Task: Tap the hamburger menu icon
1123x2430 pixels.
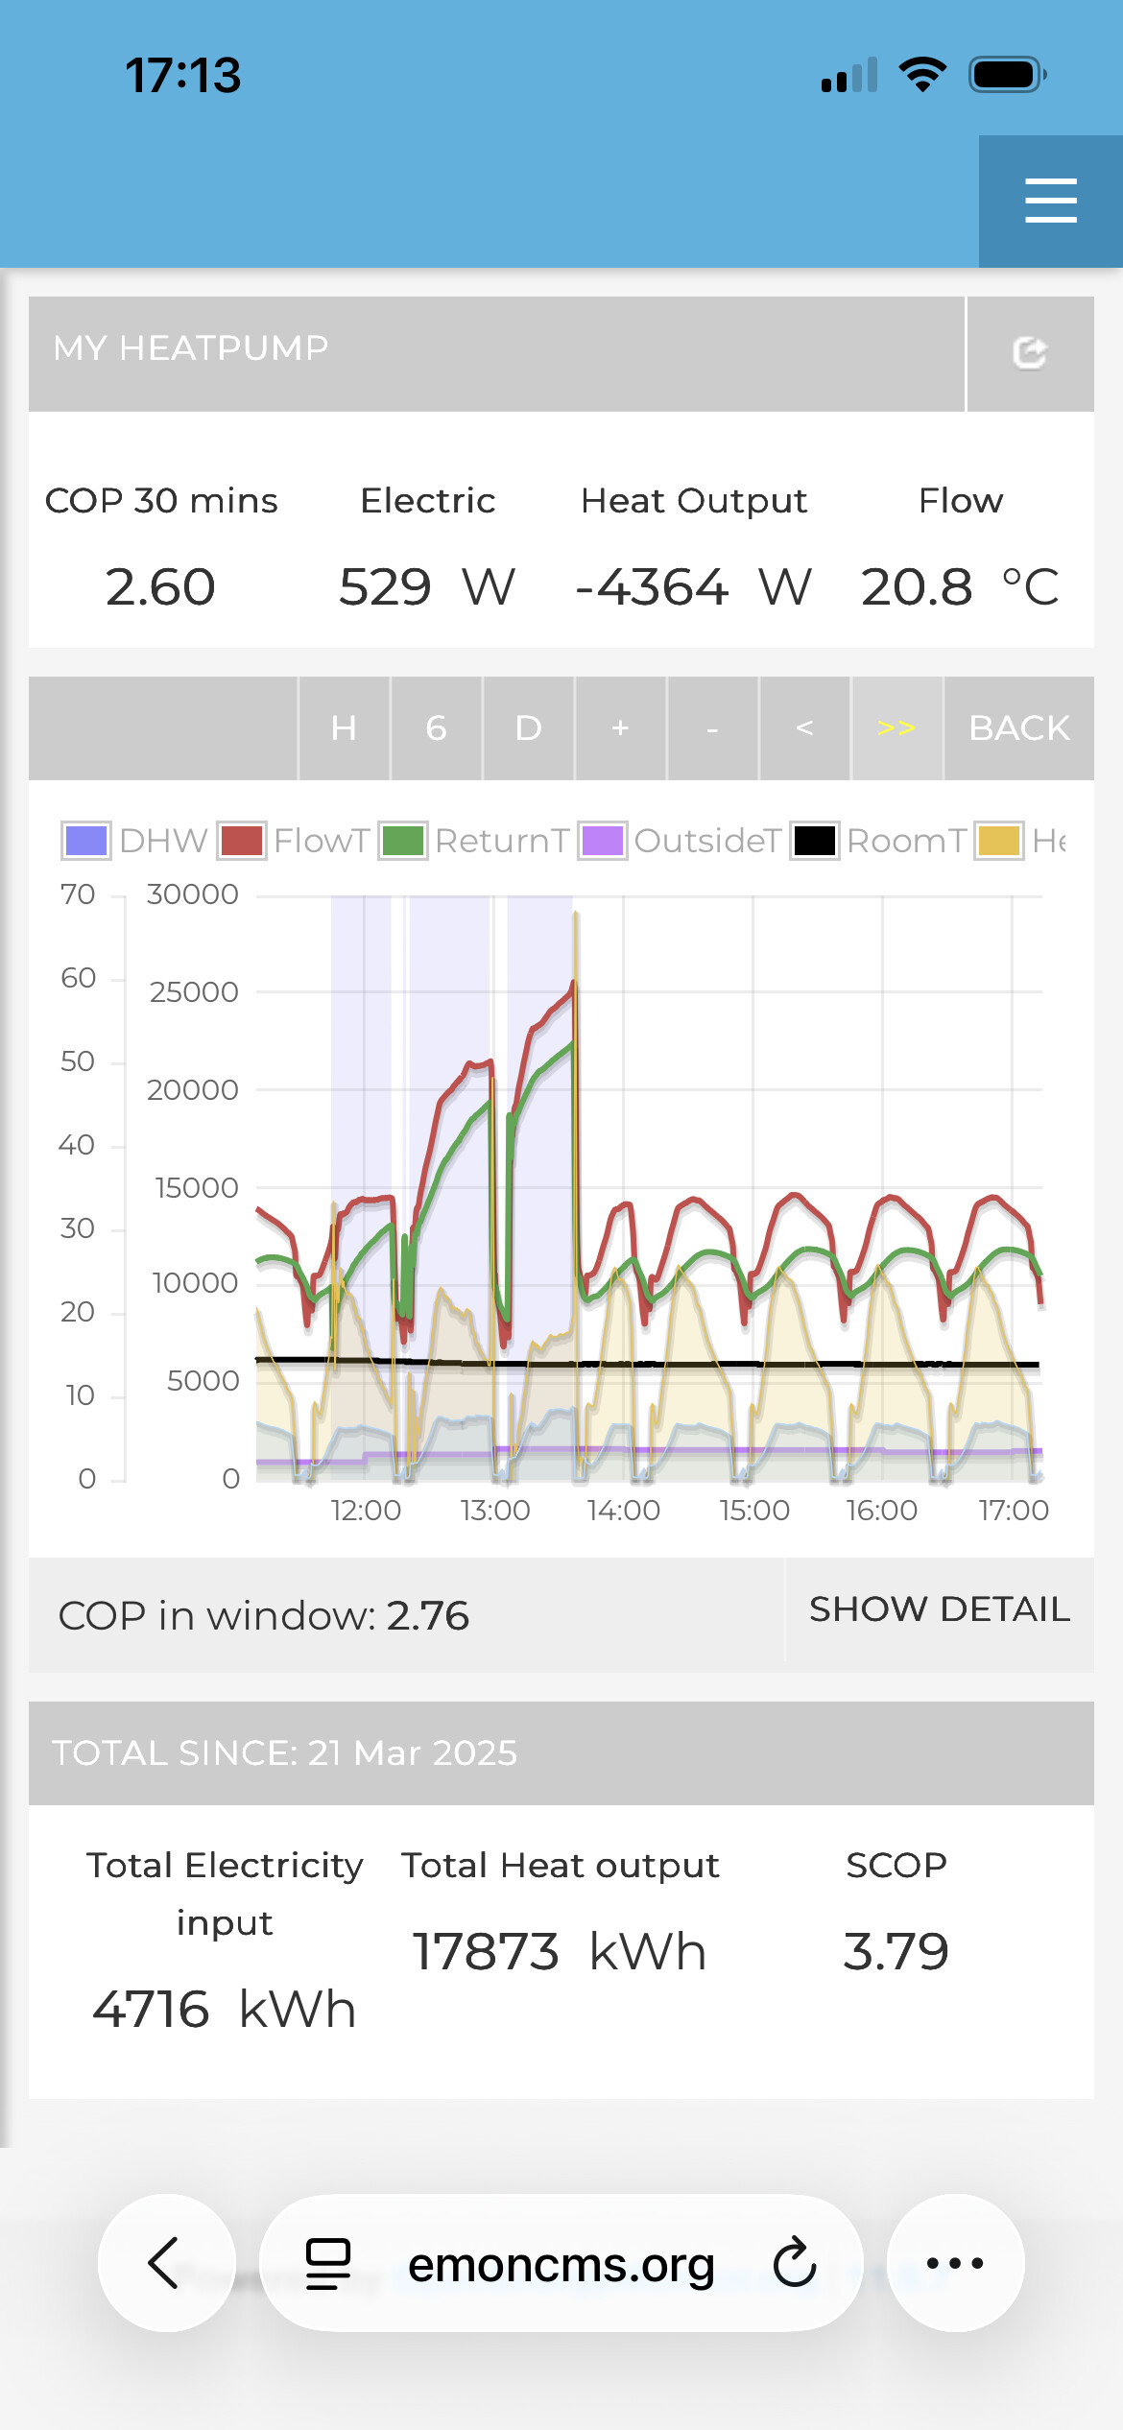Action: pos(1050,201)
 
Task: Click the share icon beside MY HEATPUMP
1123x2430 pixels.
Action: pos(1030,353)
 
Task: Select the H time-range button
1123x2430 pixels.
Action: pos(344,728)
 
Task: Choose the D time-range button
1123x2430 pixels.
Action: pos(528,728)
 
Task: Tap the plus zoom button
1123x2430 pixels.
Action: pos(620,728)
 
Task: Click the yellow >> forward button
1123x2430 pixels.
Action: pos(896,728)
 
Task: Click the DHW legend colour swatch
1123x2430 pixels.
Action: pos(86,841)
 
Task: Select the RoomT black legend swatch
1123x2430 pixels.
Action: pos(814,841)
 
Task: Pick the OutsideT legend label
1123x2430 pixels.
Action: pos(707,841)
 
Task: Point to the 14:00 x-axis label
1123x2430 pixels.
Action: pos(624,1511)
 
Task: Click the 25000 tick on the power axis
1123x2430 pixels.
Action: pos(194,991)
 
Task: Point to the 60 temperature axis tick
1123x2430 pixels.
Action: pos(78,978)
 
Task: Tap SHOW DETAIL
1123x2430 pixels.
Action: pos(939,1609)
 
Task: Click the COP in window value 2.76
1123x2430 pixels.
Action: pos(428,1616)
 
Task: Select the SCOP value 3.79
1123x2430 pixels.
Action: pos(896,1952)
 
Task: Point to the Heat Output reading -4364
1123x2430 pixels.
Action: pos(653,587)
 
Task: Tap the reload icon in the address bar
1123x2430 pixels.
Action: pos(795,2263)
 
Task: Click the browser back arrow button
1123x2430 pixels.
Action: pos(165,2263)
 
